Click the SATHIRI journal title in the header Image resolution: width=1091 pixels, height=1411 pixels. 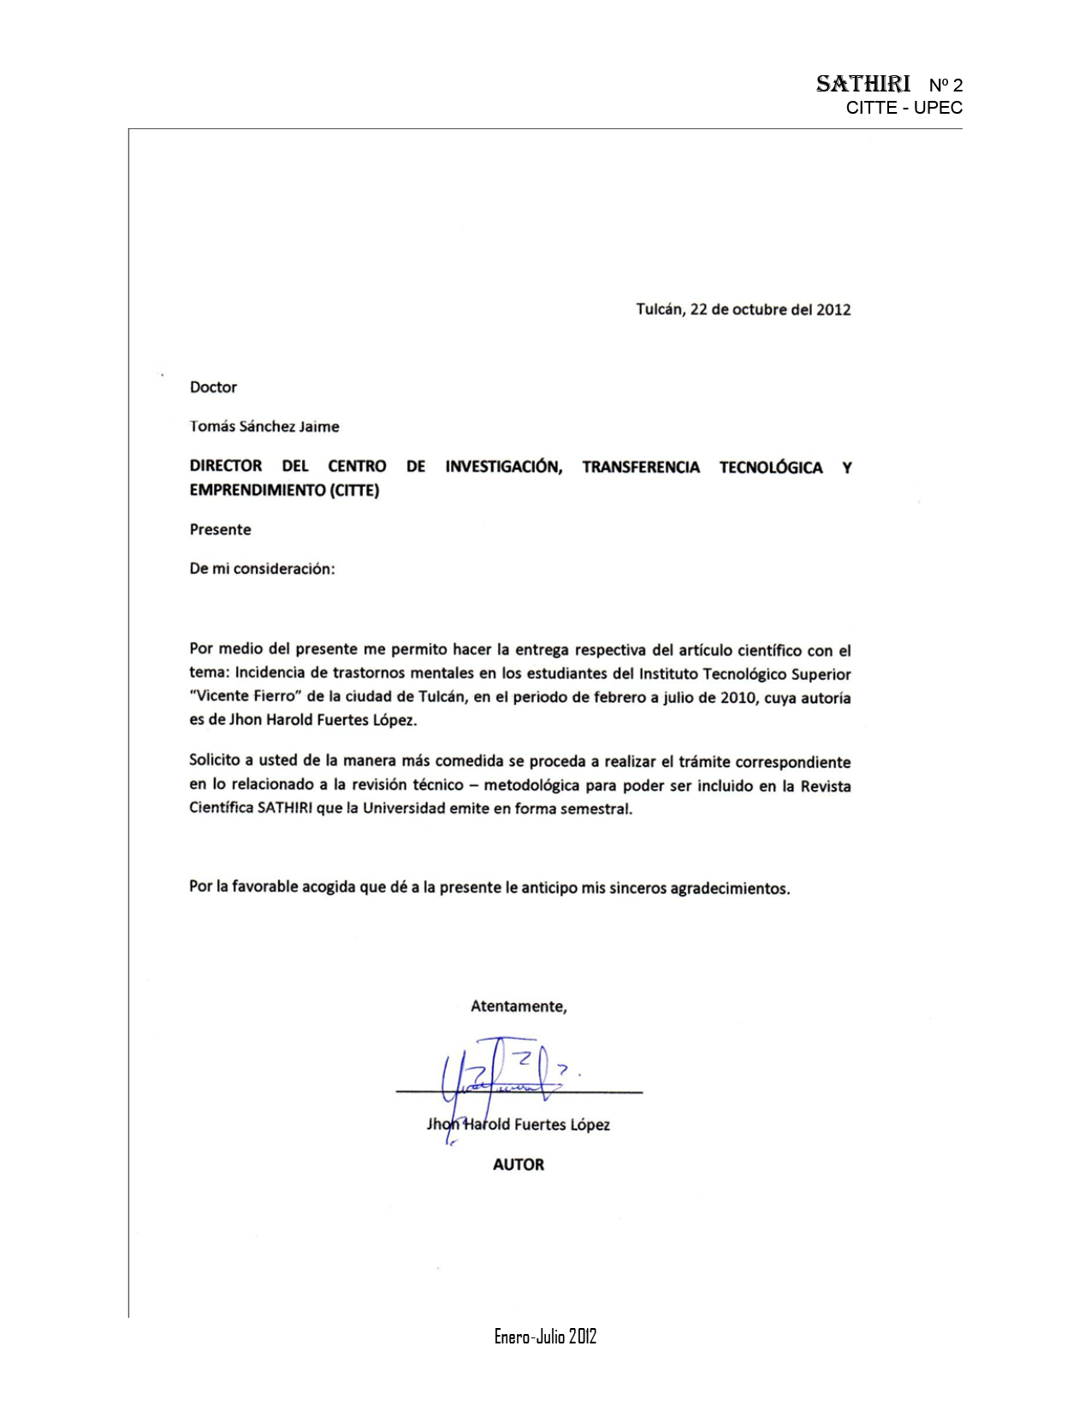tap(863, 84)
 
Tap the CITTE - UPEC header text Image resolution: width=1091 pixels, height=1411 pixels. tap(904, 108)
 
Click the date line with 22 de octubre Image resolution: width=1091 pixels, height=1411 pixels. tap(743, 310)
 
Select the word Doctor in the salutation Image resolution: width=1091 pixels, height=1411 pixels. tap(213, 387)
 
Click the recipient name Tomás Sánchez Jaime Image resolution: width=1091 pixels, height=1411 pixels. tap(264, 427)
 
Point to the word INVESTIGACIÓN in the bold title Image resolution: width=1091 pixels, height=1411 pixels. tap(503, 467)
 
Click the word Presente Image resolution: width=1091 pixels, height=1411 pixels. tap(221, 529)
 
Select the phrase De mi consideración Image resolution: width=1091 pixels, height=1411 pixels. tap(262, 569)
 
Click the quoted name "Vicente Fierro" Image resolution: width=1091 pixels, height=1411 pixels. tap(246, 696)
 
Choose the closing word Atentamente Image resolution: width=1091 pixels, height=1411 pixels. tap(519, 1007)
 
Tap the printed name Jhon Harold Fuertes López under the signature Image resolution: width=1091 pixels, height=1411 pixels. tap(519, 1125)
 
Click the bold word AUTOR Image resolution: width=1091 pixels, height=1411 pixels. tap(519, 1165)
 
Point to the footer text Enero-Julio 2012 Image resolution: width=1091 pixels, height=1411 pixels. tap(545, 1337)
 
